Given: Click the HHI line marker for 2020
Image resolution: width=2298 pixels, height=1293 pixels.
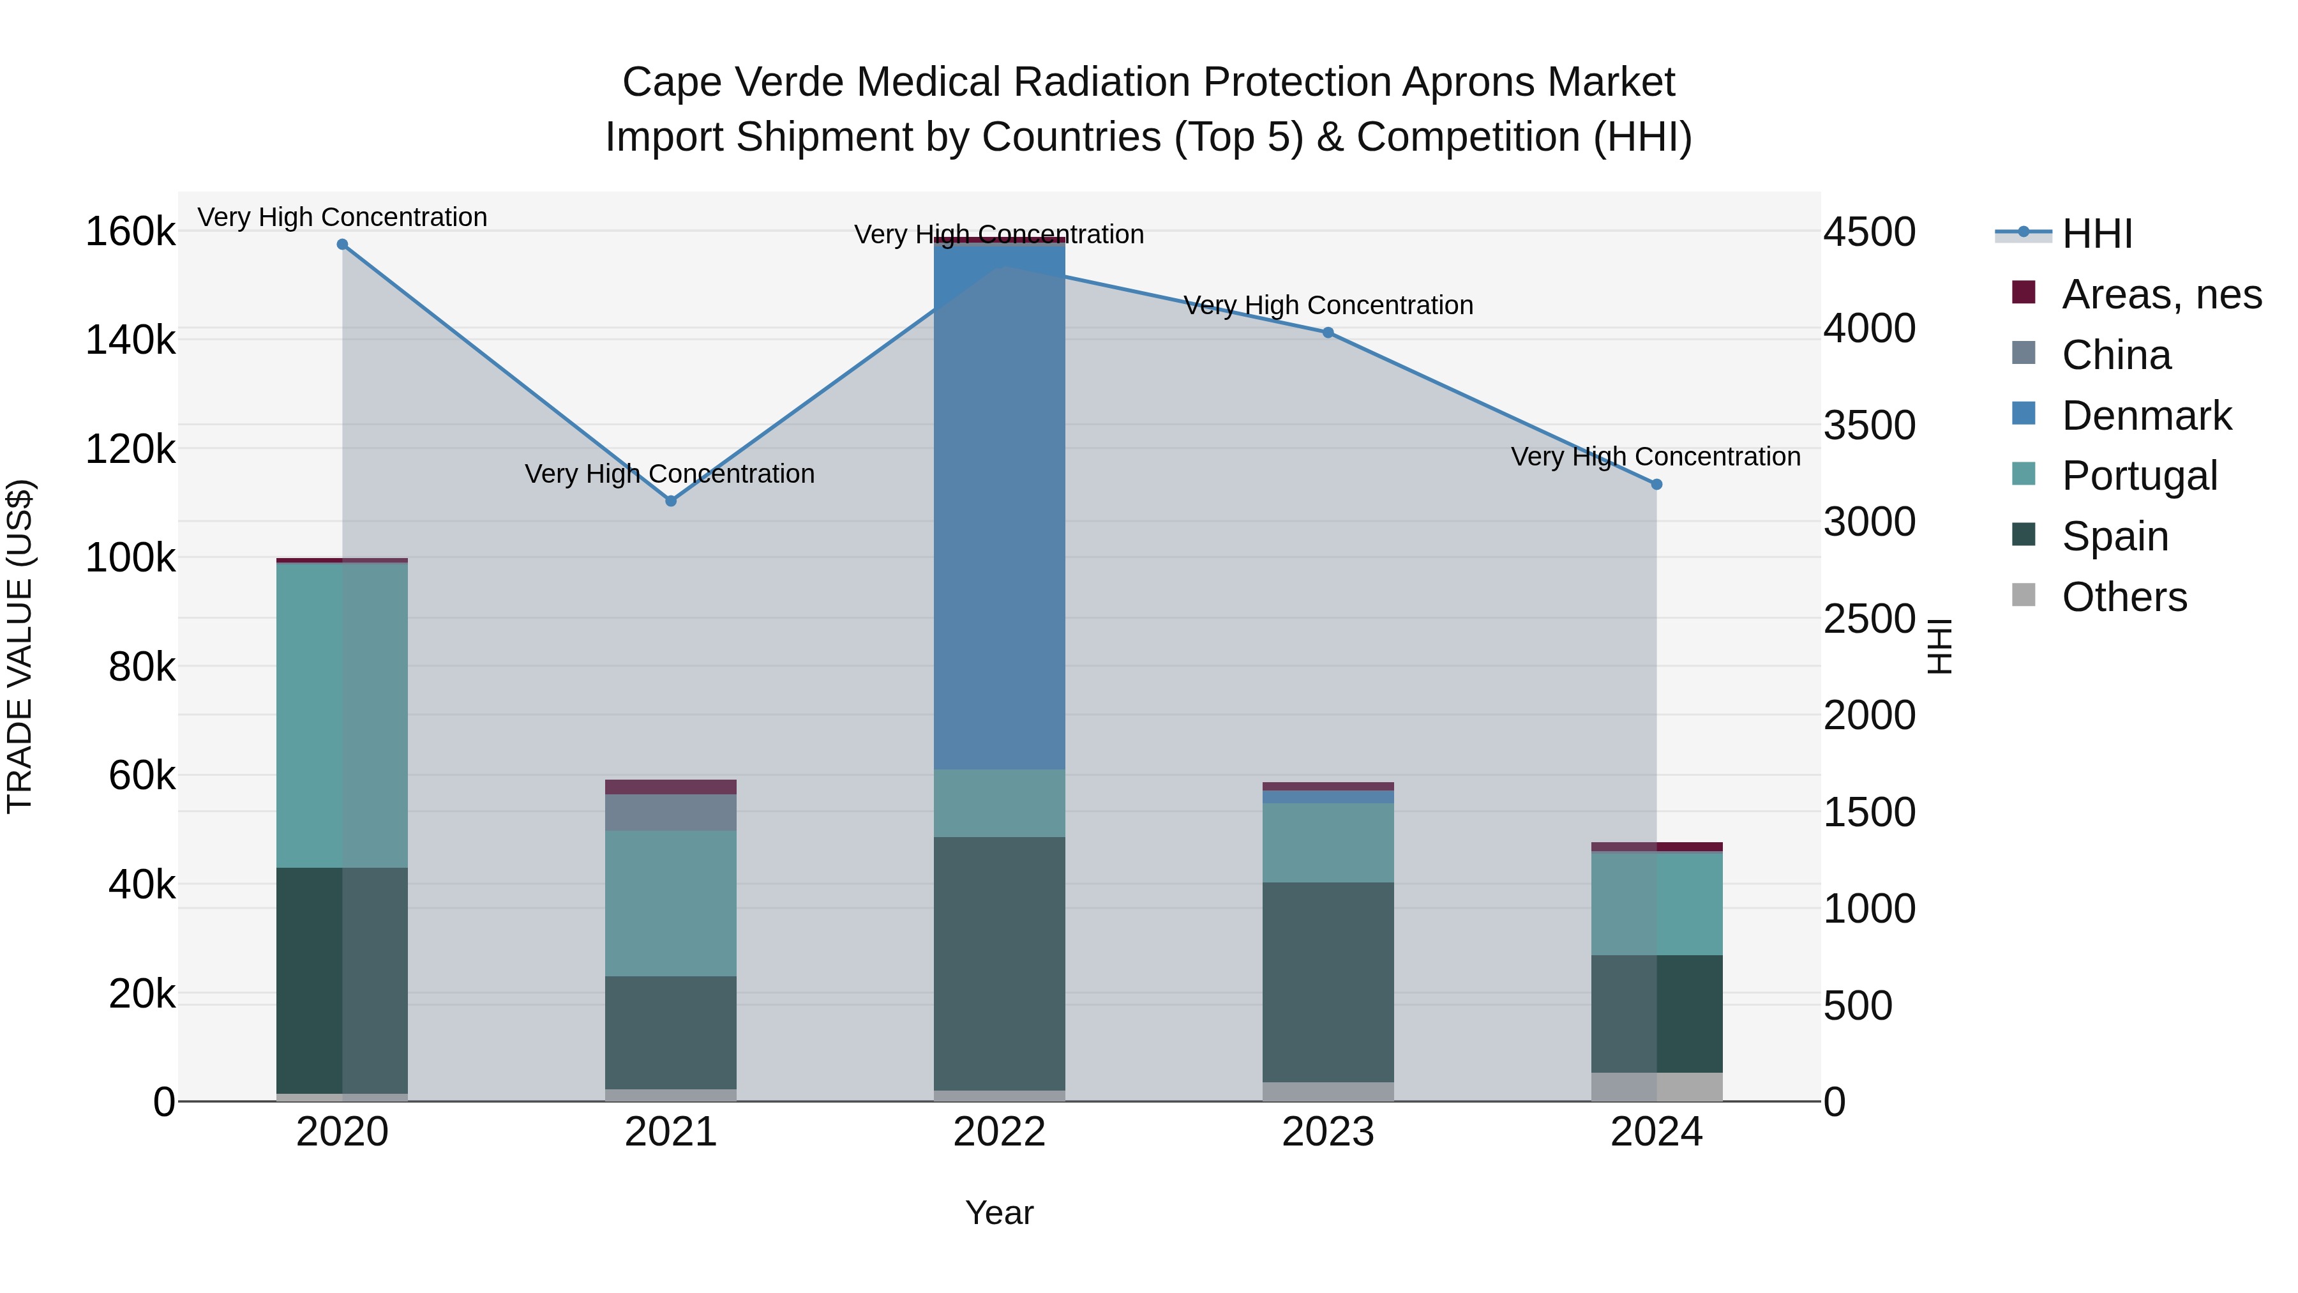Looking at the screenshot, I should [343, 245].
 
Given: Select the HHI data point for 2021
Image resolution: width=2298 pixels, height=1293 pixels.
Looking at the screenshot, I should [671, 501].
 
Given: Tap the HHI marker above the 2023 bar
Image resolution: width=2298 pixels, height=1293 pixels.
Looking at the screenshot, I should [1328, 333].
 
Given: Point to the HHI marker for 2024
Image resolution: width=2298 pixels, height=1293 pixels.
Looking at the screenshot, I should [1656, 485].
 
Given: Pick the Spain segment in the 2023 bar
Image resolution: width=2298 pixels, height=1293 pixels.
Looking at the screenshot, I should [1328, 981].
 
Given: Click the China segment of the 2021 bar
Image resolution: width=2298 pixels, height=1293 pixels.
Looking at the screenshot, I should [671, 813].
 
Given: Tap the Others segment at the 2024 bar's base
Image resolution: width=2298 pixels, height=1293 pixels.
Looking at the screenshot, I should [1656, 1087].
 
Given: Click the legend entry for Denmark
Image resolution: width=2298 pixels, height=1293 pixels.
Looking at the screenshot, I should [2145, 416].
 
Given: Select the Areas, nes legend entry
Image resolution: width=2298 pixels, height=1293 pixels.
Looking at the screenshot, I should [2161, 294].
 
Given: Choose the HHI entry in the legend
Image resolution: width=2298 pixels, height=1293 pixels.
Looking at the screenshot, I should [2096, 234].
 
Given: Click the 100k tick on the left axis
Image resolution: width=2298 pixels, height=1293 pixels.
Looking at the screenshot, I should [130, 559].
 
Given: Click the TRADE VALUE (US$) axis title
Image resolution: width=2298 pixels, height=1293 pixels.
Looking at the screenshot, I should [20, 646].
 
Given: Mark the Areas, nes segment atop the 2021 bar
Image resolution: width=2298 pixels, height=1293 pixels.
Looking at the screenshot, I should [671, 787].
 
